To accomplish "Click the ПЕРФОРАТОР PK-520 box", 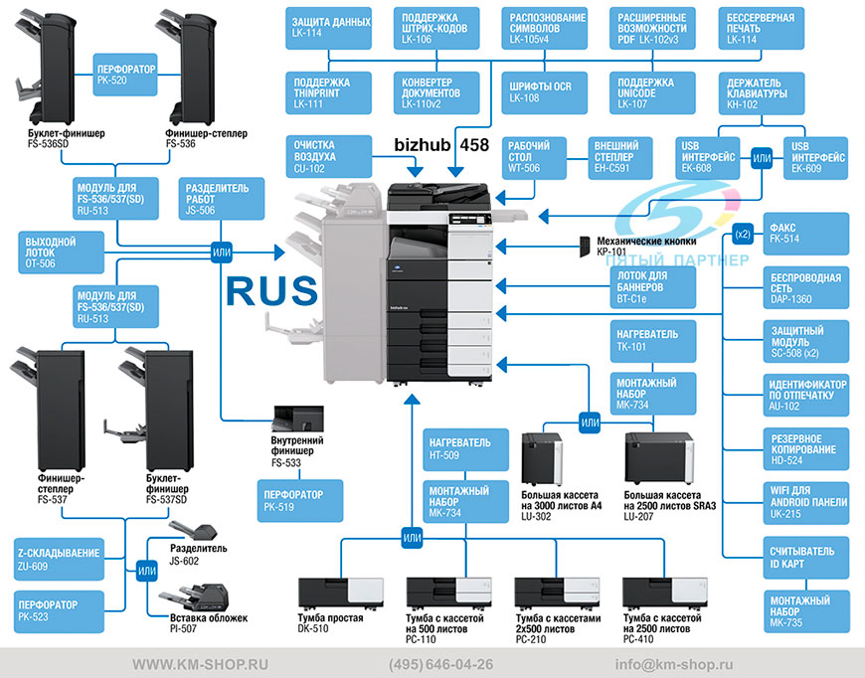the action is point(125,75).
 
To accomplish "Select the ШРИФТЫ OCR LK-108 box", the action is point(545,92).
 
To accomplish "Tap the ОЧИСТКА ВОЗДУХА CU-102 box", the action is point(329,157).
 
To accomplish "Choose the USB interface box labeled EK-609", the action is point(816,158).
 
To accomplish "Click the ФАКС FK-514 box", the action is point(806,234).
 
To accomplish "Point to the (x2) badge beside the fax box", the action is point(743,234).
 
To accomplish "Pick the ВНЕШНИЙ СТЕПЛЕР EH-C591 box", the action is point(620,158).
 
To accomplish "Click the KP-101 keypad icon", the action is point(585,247).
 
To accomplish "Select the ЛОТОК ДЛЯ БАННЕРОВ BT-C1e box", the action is point(653,287).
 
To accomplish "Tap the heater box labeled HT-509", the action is point(465,449).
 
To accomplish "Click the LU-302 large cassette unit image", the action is point(542,459).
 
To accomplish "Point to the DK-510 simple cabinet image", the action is point(340,593).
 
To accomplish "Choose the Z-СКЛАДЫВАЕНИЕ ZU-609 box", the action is point(59,560).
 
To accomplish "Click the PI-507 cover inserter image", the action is point(194,597).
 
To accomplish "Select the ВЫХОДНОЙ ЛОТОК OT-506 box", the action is point(61,253).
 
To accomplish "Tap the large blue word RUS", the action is point(272,290).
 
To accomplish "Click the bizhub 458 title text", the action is point(441,144).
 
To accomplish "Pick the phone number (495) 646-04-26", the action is point(440,664).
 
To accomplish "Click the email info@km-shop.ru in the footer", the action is point(674,664).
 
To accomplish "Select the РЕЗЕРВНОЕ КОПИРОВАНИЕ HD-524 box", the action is point(806,449).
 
